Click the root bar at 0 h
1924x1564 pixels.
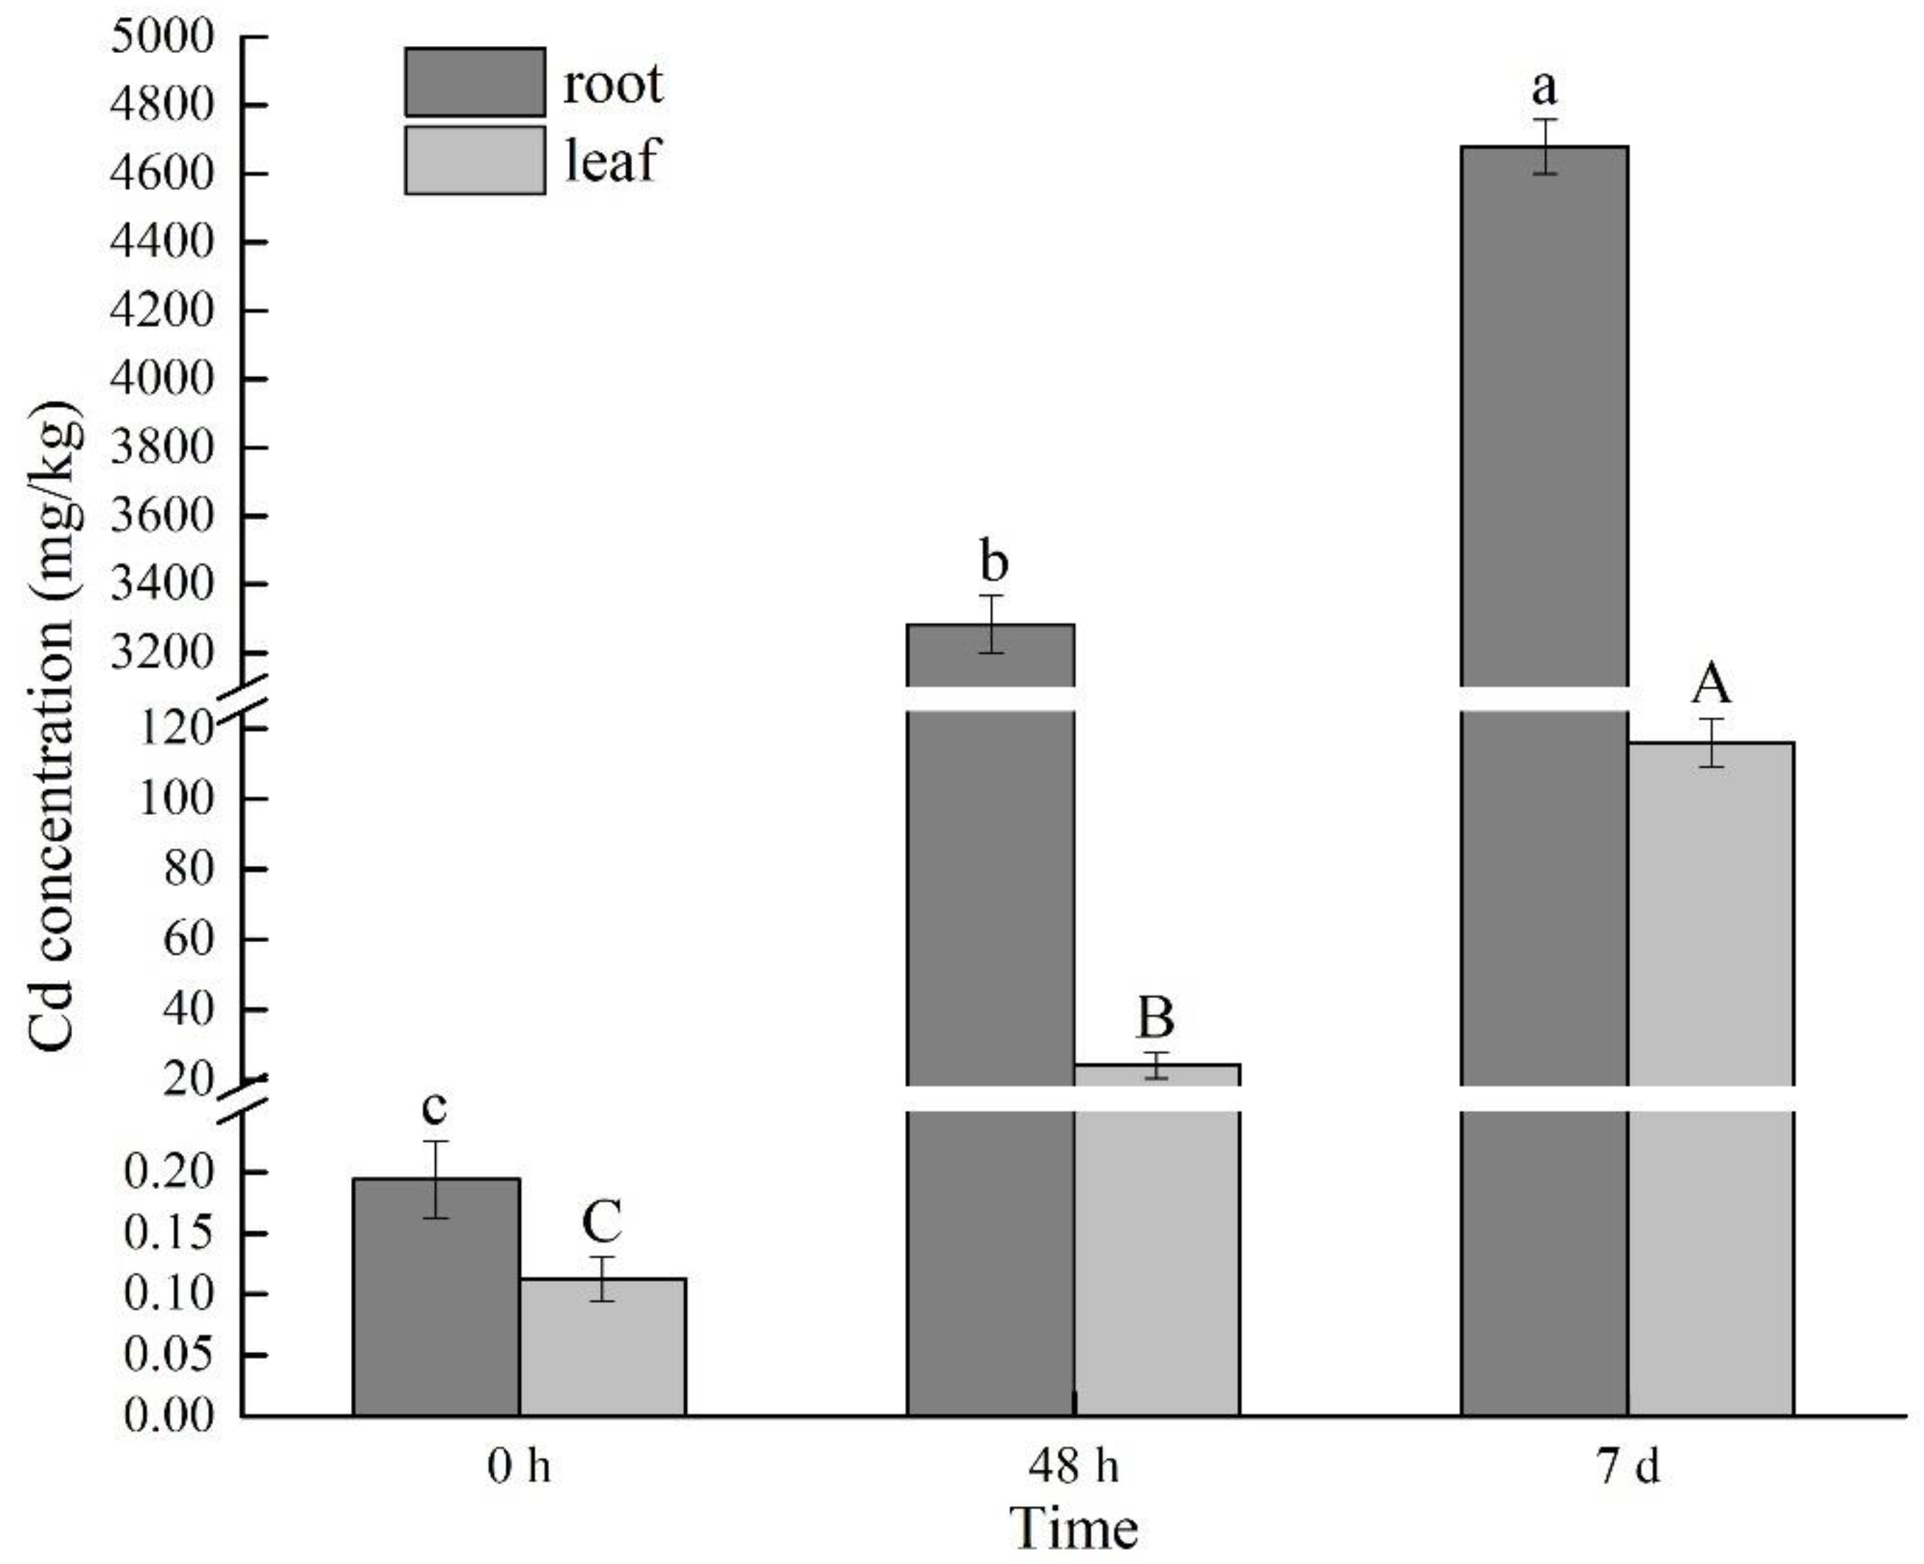click(436, 1297)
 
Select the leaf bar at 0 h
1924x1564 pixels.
click(602, 1347)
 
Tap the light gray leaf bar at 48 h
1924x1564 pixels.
click(1157, 1261)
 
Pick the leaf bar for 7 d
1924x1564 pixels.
click(1710, 991)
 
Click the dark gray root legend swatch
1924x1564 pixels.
click(475, 82)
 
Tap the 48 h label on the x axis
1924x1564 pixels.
click(1073, 1466)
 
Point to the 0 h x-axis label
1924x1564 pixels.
click(519, 1466)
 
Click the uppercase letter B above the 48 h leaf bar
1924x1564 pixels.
click(1156, 1018)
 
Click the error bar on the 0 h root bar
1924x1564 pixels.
click(436, 1179)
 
